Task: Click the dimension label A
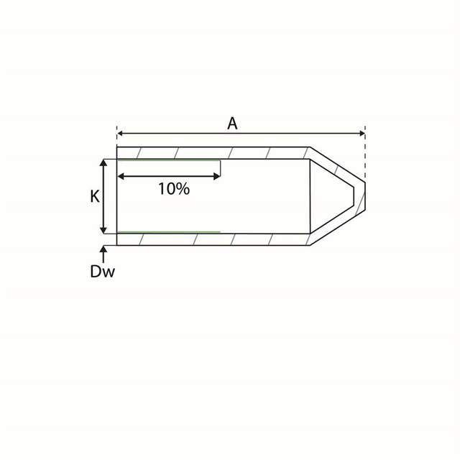[x=232, y=123]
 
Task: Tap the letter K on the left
[x=94, y=196]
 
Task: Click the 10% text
[x=173, y=189]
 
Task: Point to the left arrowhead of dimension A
[x=121, y=133]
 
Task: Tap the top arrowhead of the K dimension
[x=105, y=163]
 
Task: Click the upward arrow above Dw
[x=104, y=251]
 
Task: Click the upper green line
[x=169, y=160]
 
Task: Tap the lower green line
[x=169, y=232]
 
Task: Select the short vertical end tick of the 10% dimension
[x=220, y=168]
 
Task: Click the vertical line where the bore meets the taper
[x=310, y=196]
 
